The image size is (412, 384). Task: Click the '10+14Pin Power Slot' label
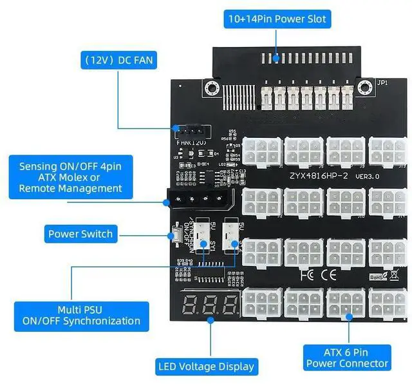point(276,19)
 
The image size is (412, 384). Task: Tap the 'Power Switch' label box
point(80,234)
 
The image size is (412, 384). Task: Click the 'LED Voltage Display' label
point(207,367)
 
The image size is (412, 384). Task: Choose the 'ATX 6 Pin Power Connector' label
point(348,358)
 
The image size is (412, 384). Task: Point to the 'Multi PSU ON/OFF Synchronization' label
point(81,315)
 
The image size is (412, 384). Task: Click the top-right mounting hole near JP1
point(366,86)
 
